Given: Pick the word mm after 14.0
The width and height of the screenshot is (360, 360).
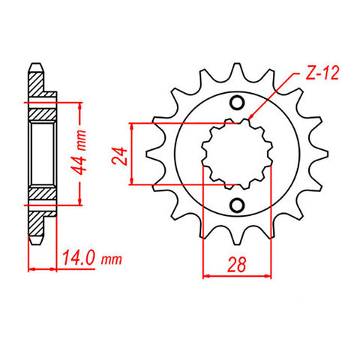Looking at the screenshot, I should pyautogui.click(x=112, y=259).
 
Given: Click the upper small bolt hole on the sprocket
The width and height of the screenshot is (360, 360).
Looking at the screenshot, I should pyautogui.click(x=238, y=103).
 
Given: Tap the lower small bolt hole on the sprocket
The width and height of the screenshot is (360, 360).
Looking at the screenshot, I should pyautogui.click(x=238, y=205).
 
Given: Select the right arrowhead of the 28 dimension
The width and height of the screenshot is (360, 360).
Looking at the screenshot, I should pyautogui.click(x=269, y=275).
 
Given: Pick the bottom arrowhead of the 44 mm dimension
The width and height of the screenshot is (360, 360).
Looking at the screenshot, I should pyautogui.click(x=79, y=202).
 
